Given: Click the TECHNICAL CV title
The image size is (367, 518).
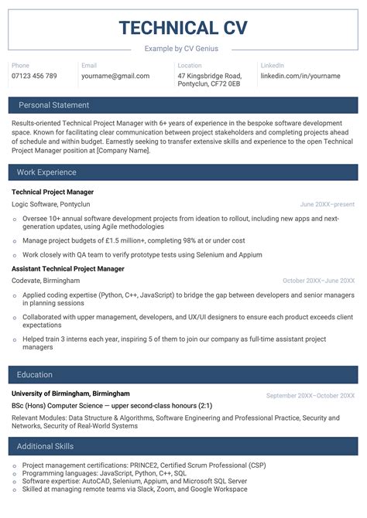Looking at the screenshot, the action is [x=183, y=29].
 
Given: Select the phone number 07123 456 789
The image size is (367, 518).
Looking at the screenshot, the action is [x=34, y=77].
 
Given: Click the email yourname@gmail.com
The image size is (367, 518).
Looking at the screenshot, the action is [x=115, y=77].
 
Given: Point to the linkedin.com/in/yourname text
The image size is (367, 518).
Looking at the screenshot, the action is [x=300, y=77].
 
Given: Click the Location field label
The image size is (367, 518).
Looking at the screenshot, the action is [x=189, y=66].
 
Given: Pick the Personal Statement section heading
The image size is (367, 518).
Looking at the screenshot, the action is [x=53, y=105].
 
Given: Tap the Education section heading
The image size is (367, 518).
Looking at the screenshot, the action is [x=35, y=375].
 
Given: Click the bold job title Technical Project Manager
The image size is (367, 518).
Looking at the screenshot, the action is [x=53, y=192].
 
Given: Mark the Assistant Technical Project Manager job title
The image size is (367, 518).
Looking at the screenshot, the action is [x=68, y=269].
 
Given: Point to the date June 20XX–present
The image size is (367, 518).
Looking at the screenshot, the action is [x=328, y=205].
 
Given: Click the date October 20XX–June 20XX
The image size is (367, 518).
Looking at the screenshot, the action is [x=318, y=281].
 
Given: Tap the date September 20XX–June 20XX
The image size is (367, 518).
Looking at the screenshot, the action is [x=310, y=395].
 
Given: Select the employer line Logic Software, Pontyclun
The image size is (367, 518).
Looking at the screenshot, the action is [x=51, y=205].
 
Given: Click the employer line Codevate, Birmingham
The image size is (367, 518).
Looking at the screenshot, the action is [x=46, y=281].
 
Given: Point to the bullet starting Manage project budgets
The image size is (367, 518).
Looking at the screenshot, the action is [x=133, y=241].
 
